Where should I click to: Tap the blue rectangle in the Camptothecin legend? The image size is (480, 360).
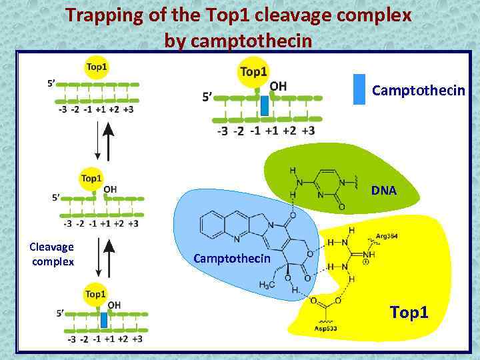(x=359, y=89)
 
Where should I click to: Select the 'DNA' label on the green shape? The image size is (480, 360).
(x=384, y=191)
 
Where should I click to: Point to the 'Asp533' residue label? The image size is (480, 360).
(x=327, y=329)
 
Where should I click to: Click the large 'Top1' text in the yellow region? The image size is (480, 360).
(x=409, y=312)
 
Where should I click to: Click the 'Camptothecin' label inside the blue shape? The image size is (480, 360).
(x=232, y=258)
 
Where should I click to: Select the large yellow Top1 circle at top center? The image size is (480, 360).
(x=253, y=72)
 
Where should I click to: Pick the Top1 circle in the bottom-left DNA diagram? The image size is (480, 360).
(x=95, y=294)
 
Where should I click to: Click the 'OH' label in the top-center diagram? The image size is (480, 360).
(x=278, y=86)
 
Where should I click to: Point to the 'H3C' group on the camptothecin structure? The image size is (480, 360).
(x=267, y=285)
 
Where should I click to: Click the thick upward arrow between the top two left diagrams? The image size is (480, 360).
(x=109, y=141)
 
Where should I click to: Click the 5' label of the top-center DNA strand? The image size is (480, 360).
(x=208, y=98)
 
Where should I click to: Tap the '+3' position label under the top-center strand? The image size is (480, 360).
(x=308, y=131)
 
